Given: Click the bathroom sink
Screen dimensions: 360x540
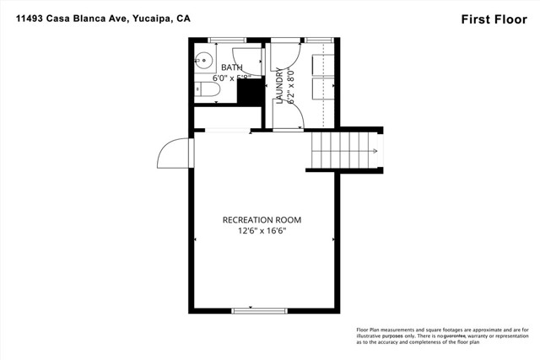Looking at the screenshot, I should (202, 60).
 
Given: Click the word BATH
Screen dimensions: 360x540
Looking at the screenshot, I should (230, 67).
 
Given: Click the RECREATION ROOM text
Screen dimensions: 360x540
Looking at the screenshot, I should (262, 219).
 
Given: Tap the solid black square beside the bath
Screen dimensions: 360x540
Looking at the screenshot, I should (248, 92).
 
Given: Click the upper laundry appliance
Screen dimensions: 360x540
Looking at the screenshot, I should (320, 64).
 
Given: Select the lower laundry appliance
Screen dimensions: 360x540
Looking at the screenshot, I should (320, 89).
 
